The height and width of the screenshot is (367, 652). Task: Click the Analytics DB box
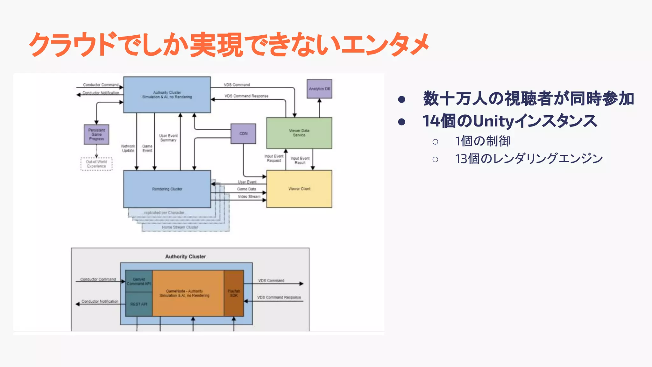pos(319,89)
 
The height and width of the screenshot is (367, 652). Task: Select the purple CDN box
pos(243,133)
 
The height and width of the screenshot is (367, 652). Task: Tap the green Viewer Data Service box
pos(299,133)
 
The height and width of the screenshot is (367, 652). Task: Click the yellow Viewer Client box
pos(299,189)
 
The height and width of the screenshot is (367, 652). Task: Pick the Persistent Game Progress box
pos(96,134)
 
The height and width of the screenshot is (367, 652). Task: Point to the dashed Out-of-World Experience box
pos(96,164)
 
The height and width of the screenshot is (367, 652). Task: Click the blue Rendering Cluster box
pos(167,189)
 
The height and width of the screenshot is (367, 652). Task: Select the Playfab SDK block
pos(234,293)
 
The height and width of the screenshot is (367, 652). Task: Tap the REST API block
pos(139,304)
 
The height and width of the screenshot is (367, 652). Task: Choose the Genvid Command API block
pos(139,281)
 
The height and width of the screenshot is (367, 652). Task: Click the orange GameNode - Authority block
pos(188,293)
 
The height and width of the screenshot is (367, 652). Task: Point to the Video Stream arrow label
pos(249,197)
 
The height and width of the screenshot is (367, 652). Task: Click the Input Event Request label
pos(274,158)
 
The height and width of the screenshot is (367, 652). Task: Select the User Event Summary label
pos(168,138)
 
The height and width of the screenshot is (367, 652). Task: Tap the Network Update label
pos(128,148)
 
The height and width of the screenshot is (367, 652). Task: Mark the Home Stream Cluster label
pos(180,227)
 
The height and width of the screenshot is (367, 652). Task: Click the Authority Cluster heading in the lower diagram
pos(185,256)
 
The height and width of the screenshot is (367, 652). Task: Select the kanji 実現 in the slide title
pos(216,45)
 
